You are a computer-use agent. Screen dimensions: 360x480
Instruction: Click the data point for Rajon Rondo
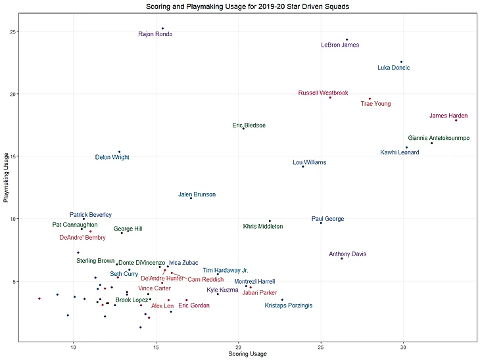click(x=162, y=28)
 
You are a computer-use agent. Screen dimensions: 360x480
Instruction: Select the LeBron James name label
click(x=340, y=45)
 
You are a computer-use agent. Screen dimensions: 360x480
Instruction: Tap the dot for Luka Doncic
click(x=402, y=62)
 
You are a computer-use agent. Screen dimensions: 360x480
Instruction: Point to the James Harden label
click(x=448, y=116)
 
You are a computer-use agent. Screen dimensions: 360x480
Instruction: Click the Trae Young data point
click(x=370, y=99)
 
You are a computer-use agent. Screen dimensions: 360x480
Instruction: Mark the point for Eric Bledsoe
click(x=243, y=128)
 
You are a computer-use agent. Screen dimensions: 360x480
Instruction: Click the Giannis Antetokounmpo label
click(x=439, y=139)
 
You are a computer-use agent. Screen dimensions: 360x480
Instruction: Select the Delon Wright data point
click(x=119, y=152)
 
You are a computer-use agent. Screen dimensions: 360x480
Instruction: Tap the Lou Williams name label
click(x=309, y=162)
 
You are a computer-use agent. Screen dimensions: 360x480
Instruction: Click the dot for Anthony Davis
click(x=342, y=258)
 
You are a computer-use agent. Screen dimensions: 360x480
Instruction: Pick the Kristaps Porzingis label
click(x=289, y=305)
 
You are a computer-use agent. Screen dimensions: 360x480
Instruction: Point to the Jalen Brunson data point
click(x=191, y=198)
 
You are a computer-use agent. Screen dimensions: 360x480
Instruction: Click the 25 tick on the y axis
click(x=13, y=32)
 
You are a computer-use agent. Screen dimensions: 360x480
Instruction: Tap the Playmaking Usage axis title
click(x=6, y=177)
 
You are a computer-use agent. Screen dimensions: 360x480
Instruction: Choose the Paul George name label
click(x=327, y=219)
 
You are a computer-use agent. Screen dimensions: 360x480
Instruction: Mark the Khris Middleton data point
click(x=270, y=221)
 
